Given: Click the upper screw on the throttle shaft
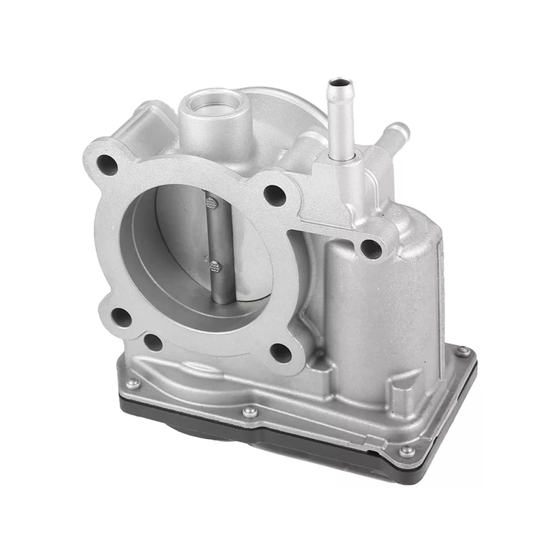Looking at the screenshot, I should (x=212, y=203).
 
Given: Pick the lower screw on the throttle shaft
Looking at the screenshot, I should (x=215, y=266).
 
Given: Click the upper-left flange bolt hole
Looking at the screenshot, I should (x=106, y=164).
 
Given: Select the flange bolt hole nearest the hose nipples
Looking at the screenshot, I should (x=275, y=196).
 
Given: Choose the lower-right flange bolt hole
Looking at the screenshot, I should (x=281, y=353).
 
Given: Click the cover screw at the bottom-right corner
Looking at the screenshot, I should (x=406, y=451).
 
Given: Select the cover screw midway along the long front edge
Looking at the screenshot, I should (x=250, y=412).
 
